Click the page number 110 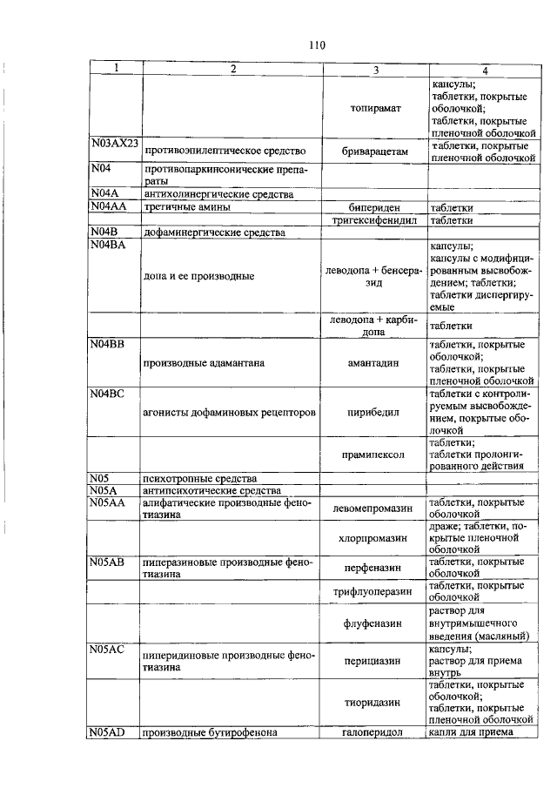[315, 46]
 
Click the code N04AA [108, 207]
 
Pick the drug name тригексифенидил [375, 220]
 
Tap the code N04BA [108, 246]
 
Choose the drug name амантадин [375, 361]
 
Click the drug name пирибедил [375, 412]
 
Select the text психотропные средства [200, 478]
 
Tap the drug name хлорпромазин [375, 538]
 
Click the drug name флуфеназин [375, 623]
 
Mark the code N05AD [108, 732]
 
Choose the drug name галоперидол [375, 732]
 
